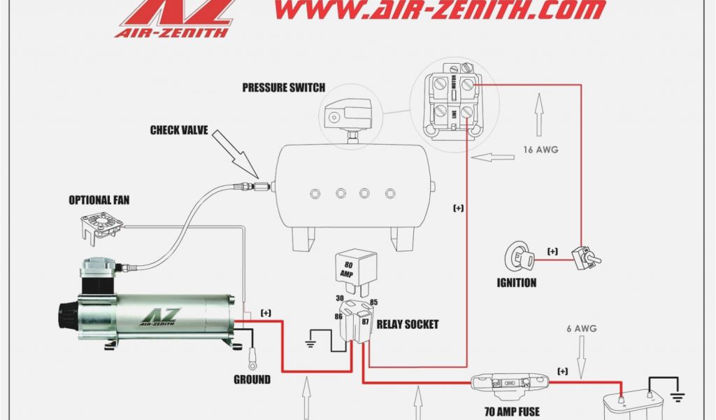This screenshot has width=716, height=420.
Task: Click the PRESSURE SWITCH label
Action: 283,87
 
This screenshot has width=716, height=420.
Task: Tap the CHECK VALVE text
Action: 179,129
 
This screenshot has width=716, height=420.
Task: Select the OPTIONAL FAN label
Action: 99,200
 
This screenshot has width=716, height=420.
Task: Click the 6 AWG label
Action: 581,328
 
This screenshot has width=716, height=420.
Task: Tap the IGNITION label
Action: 517,283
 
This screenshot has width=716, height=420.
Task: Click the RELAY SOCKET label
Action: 407,324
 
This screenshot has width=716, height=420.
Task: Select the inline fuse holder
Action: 509,382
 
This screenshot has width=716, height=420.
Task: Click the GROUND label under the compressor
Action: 252,379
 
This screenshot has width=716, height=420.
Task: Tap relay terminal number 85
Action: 373,302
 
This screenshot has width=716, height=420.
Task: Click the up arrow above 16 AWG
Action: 538,115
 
